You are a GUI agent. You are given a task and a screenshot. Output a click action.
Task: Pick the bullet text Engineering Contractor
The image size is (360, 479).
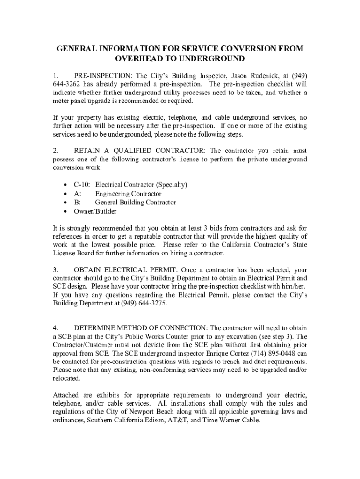pos(128,194)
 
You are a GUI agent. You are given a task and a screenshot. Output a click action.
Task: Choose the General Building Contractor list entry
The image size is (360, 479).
pos(136,203)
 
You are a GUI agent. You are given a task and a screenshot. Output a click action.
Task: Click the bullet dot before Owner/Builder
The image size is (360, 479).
pos(65,211)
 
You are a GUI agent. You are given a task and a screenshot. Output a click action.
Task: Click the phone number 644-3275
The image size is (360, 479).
pos(150,304)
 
